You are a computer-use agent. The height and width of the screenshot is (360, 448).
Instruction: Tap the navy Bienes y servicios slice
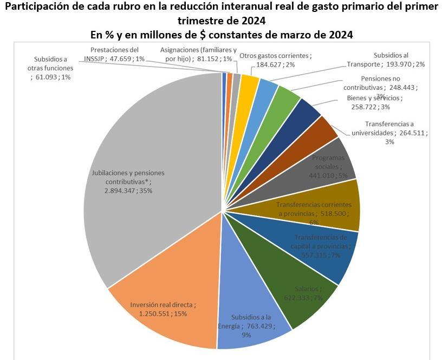[x=309, y=110]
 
